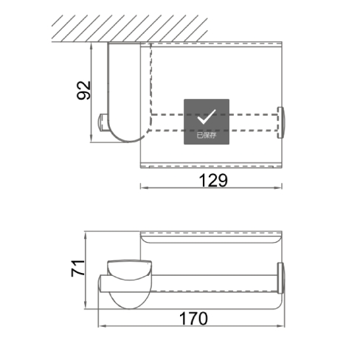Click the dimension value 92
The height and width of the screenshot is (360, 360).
84,90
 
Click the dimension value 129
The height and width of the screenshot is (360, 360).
213,181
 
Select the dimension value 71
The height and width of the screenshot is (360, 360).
78,268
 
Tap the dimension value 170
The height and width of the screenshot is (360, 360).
193,319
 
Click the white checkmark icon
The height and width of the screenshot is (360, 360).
207,117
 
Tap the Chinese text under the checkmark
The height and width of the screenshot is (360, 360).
207,135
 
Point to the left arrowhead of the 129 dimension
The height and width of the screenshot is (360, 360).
144,187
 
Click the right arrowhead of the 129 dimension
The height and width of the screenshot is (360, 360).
278,187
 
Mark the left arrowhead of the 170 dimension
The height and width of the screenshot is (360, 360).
102,326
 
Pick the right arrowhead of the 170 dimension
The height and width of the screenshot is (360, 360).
281,326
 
